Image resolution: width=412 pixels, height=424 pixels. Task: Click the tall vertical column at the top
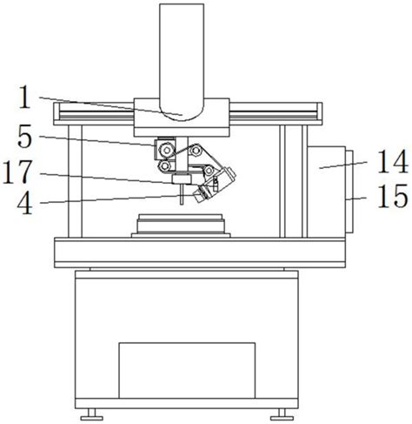pyautogui.click(x=181, y=52)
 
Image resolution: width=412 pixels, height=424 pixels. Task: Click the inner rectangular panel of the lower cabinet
pyautogui.click(x=186, y=368)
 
